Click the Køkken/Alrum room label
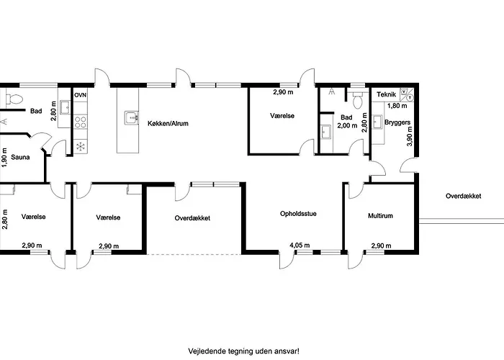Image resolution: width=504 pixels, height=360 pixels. click(x=168, y=123)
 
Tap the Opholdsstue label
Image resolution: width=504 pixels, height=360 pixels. click(x=298, y=214)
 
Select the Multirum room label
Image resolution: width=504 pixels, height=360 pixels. click(x=380, y=216)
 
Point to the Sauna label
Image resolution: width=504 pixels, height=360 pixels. click(x=20, y=157)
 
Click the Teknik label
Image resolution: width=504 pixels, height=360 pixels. click(x=386, y=94)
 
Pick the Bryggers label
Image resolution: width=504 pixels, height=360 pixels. click(x=397, y=122)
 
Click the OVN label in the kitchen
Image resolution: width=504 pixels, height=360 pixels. click(x=81, y=96)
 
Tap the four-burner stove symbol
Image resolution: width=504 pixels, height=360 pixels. click(x=81, y=122)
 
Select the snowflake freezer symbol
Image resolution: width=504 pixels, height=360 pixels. click(x=81, y=147)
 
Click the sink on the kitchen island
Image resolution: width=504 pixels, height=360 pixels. click(x=132, y=117)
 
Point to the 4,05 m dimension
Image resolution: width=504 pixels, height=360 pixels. click(x=300, y=246)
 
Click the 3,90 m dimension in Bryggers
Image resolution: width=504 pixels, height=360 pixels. click(x=410, y=136)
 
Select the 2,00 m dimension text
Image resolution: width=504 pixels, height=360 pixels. click(x=347, y=125)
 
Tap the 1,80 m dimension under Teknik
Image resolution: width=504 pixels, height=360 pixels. click(x=397, y=105)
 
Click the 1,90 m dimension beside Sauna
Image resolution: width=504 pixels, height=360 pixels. click(x=4, y=158)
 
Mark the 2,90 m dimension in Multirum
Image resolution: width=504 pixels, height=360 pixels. click(x=381, y=246)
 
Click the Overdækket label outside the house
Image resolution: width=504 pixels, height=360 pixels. click(x=463, y=196)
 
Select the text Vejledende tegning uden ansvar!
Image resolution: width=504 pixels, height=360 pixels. click(x=243, y=351)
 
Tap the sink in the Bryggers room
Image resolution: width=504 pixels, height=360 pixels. click(x=377, y=122)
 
